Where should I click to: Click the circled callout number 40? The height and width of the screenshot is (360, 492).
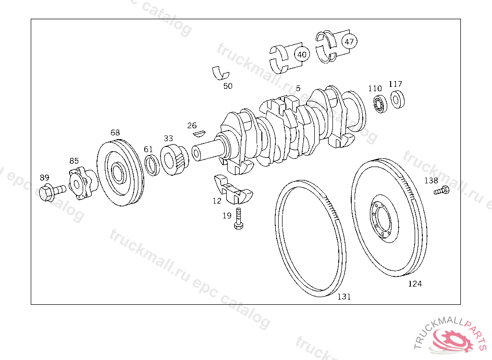point(302,55)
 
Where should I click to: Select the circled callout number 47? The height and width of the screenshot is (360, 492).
point(349,41)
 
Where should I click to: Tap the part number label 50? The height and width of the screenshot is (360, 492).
point(228,86)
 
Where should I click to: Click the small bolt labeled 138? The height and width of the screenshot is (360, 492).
point(442,191)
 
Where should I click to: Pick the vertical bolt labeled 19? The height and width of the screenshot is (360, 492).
point(239,218)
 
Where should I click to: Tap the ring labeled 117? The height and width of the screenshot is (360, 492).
point(397,99)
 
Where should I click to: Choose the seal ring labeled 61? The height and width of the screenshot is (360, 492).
point(152,165)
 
